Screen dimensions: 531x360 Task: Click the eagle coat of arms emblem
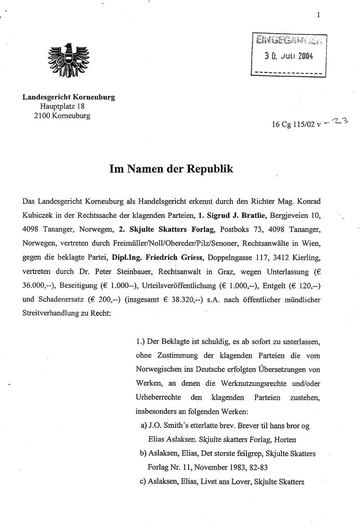(x=69, y=61)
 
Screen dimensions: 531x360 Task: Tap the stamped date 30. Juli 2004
(x=289, y=56)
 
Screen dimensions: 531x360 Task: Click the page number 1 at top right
(x=319, y=15)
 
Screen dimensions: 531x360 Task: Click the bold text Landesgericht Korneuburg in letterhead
(x=69, y=97)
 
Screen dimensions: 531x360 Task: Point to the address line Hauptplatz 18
(x=62, y=106)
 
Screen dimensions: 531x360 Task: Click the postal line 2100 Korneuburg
(x=62, y=115)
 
